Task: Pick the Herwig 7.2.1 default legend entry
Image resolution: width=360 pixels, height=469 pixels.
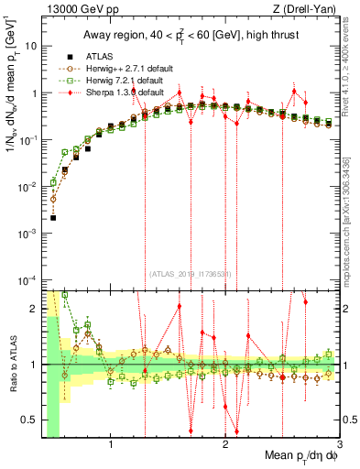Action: point(106,80)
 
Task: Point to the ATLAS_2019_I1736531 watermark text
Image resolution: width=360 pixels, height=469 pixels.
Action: point(190,273)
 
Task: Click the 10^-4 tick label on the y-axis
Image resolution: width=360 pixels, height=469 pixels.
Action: point(30,279)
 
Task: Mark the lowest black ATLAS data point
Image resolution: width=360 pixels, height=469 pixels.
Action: point(53,218)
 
